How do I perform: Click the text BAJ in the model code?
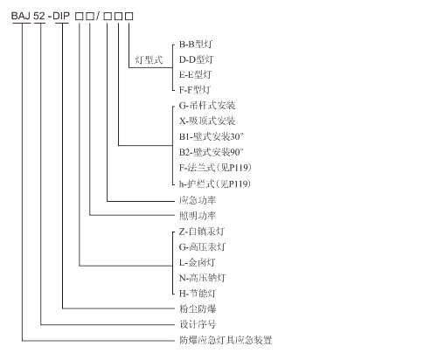(20, 16)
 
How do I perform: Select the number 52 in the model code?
(39, 16)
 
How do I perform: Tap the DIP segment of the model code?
(61, 16)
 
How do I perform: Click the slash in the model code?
(98, 16)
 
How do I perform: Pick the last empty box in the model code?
(129, 16)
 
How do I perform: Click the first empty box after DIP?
(79, 16)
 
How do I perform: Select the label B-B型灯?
(196, 45)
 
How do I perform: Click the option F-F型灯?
(195, 90)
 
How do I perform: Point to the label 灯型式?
(149, 59)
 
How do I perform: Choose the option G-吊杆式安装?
(207, 105)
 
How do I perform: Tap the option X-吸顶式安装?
(207, 121)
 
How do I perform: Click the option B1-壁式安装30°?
(212, 136)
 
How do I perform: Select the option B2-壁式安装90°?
(212, 152)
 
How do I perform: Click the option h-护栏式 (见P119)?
(215, 183)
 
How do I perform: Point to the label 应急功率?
(198, 200)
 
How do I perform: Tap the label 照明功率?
(198, 216)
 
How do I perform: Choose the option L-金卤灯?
(197, 262)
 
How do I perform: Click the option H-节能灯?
(198, 294)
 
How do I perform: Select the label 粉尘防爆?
(198, 308)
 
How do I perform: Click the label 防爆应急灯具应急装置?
(226, 340)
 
